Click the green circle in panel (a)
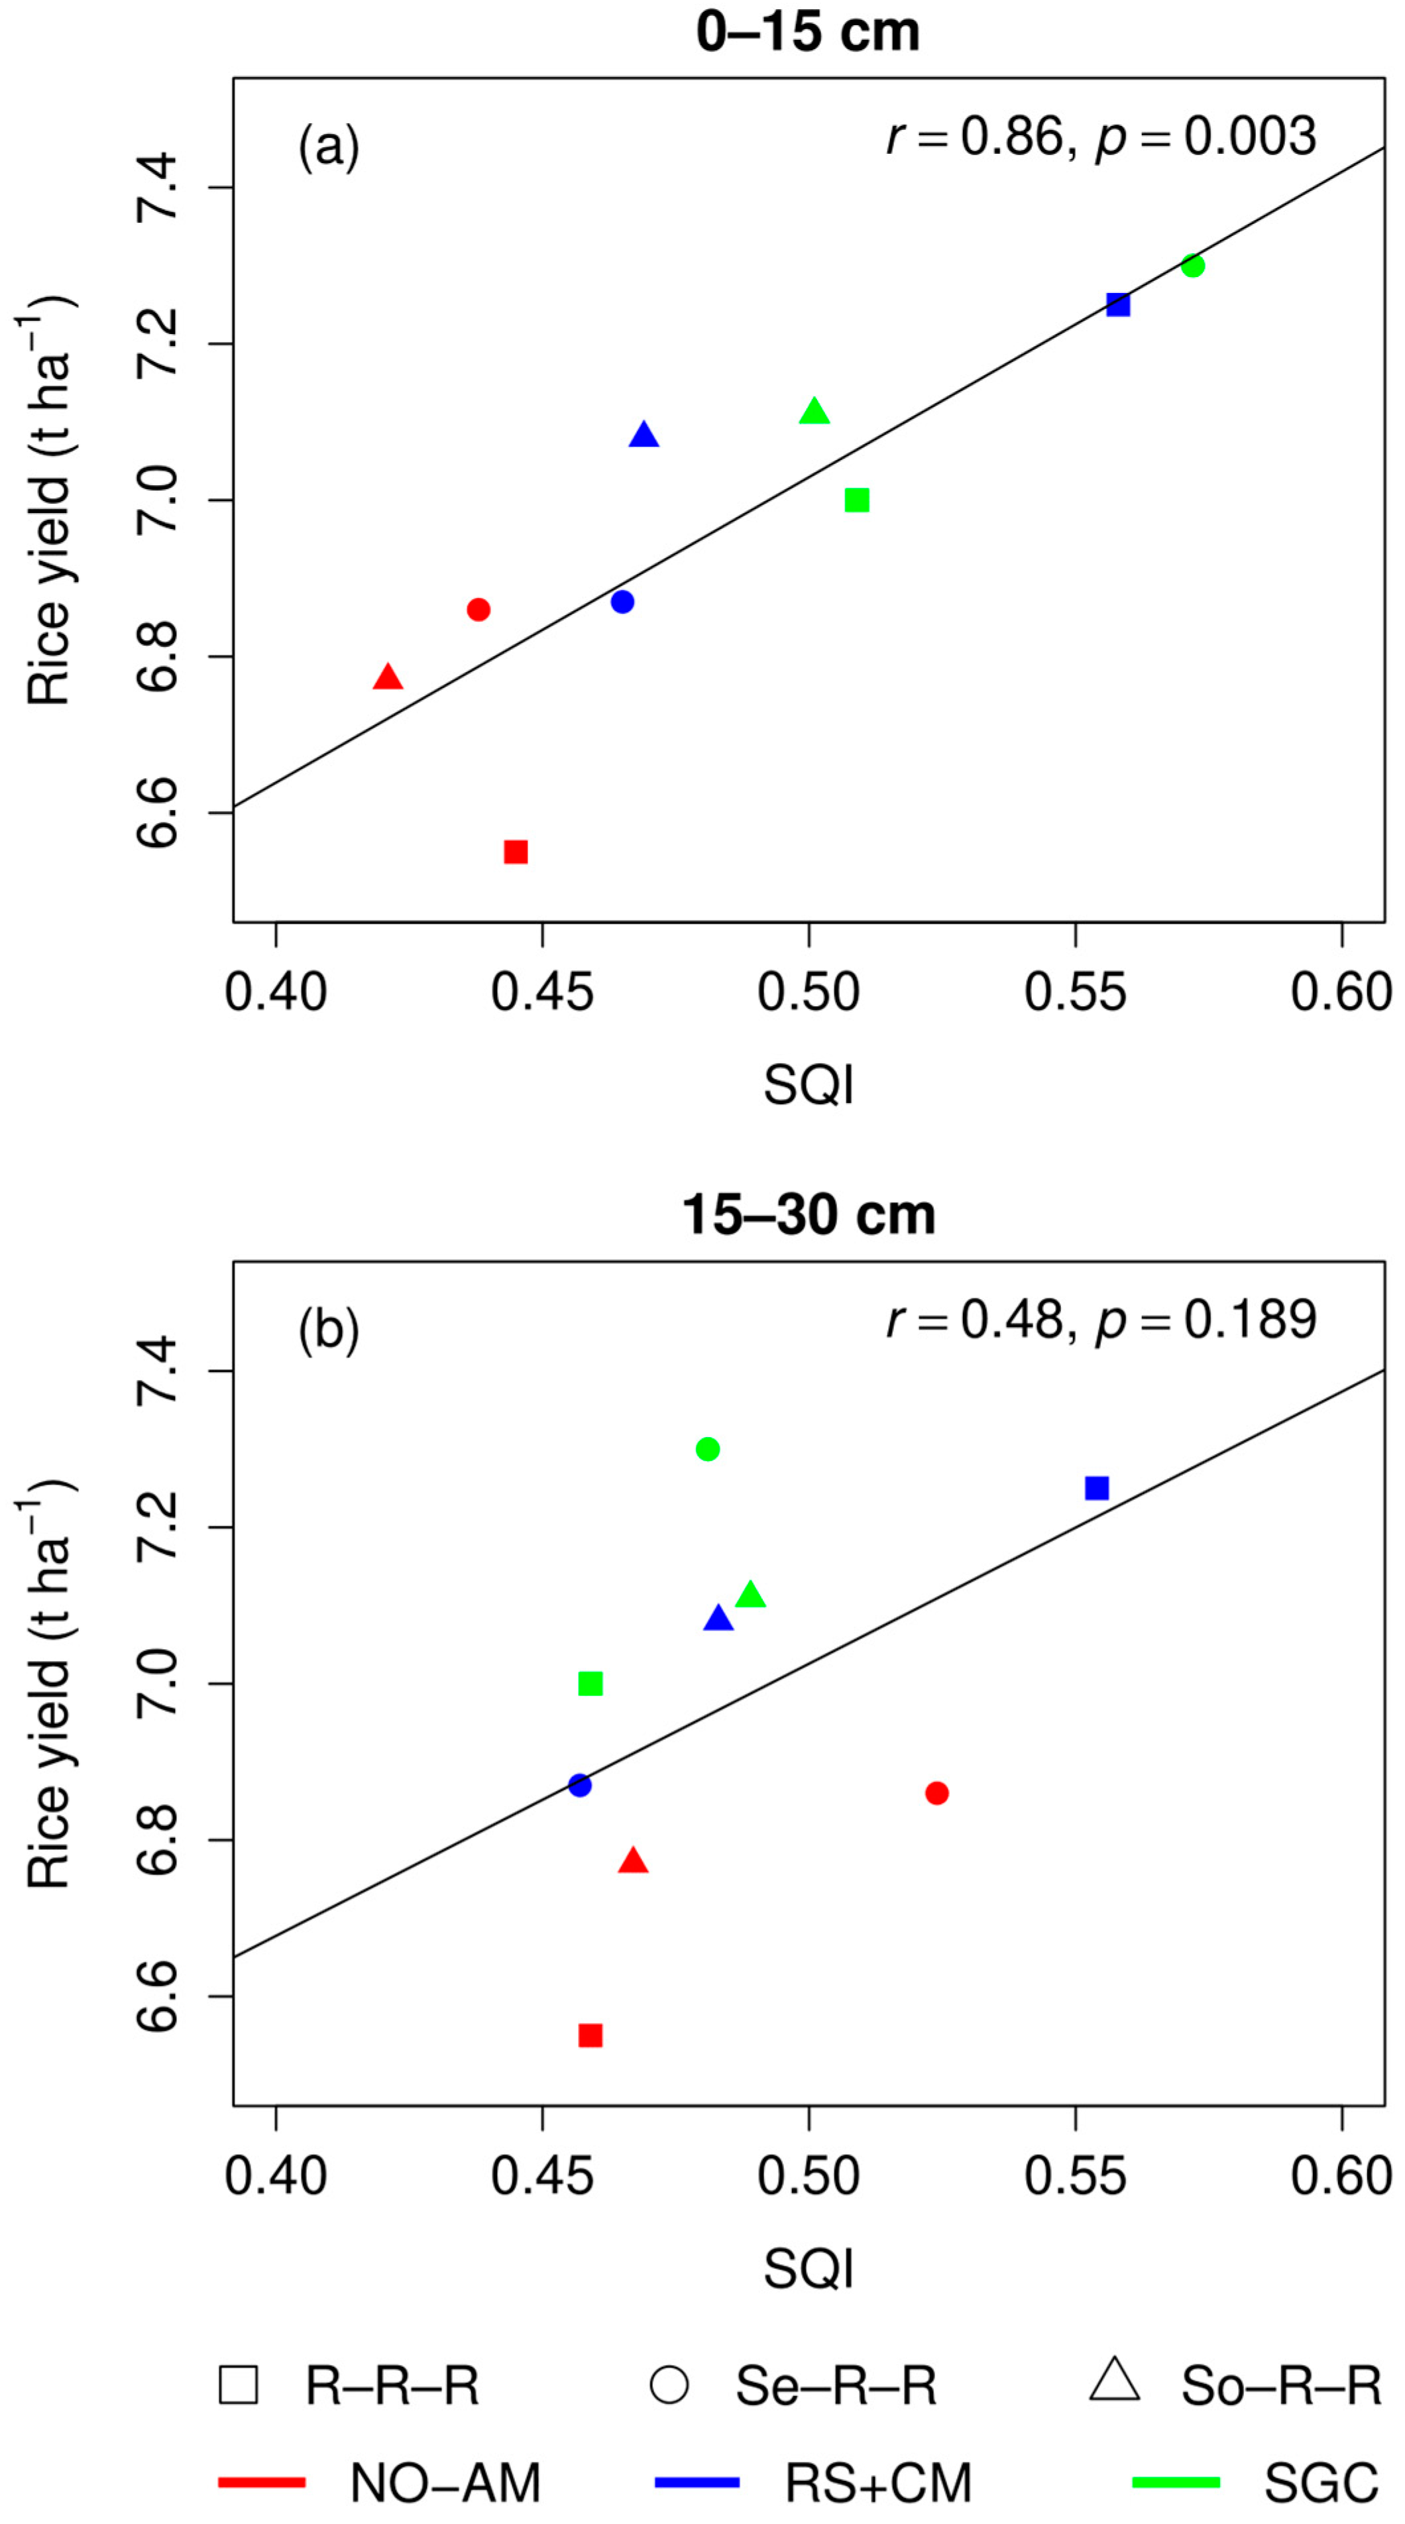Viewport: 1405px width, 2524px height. [1192, 266]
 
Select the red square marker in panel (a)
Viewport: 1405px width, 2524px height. [516, 852]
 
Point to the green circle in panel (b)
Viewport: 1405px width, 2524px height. [707, 1449]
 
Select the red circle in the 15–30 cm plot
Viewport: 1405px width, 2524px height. [936, 1793]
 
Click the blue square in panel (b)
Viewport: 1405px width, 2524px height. [1096, 1488]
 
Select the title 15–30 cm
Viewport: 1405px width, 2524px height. [807, 1215]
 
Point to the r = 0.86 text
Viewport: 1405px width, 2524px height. [974, 137]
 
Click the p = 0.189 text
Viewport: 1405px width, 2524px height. [1205, 1321]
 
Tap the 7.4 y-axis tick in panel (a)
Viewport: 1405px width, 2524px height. [157, 187]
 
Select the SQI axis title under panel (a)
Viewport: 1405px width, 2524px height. [809, 1084]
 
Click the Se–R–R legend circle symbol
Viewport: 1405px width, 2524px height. [669, 2385]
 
